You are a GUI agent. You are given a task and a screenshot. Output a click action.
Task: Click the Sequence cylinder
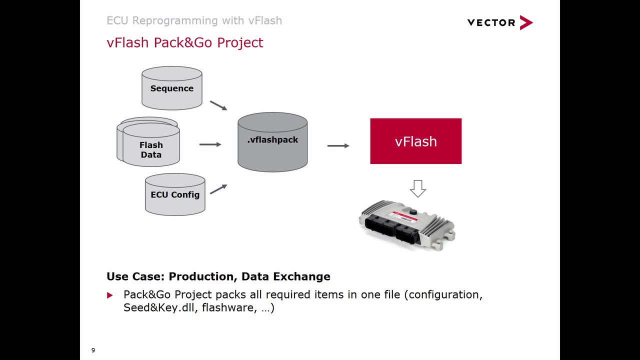pyautogui.click(x=171, y=88)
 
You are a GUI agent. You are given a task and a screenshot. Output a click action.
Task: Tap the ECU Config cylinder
pyautogui.click(x=175, y=194)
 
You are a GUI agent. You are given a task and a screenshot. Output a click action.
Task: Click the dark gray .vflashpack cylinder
pyautogui.click(x=272, y=142)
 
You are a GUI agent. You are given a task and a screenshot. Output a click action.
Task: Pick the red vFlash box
pyautogui.click(x=415, y=141)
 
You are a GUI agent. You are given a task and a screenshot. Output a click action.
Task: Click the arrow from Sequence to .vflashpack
pyautogui.click(x=218, y=105)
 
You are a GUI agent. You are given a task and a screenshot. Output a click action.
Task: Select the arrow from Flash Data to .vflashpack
pyautogui.click(x=210, y=144)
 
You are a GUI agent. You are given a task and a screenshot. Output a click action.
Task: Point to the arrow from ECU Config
pyautogui.click(x=218, y=189)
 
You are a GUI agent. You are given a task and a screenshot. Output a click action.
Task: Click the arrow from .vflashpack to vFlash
pyautogui.click(x=338, y=145)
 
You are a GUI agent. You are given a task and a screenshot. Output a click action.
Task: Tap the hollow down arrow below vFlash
pyautogui.click(x=418, y=188)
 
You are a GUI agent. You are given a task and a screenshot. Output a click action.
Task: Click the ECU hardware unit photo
pyautogui.click(x=407, y=225)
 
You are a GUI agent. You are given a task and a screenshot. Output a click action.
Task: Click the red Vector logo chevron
pyautogui.click(x=526, y=22)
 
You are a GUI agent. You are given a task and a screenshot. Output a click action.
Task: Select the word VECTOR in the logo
pyautogui.click(x=491, y=22)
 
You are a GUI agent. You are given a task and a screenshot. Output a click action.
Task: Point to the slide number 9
pyautogui.click(x=93, y=350)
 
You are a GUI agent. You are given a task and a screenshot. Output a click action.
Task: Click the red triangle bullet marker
pyautogui.click(x=110, y=295)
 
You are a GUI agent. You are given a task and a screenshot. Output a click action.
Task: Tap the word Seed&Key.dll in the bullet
pyautogui.click(x=160, y=307)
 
